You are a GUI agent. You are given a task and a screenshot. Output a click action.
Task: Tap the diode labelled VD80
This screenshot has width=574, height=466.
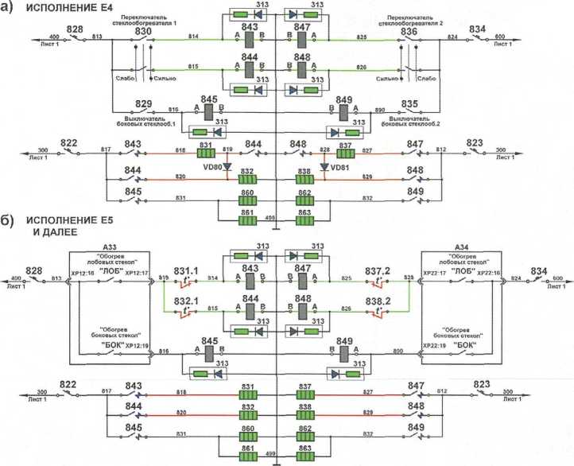point(228,167)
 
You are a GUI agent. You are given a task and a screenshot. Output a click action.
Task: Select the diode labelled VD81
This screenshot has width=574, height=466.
point(324,167)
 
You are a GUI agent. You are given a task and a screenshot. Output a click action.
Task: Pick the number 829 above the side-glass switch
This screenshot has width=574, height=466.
point(143,104)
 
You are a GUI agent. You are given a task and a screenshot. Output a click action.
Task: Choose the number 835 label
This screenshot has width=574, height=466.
point(410,104)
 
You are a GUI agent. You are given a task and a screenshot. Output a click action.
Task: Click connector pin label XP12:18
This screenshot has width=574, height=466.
point(83,273)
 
